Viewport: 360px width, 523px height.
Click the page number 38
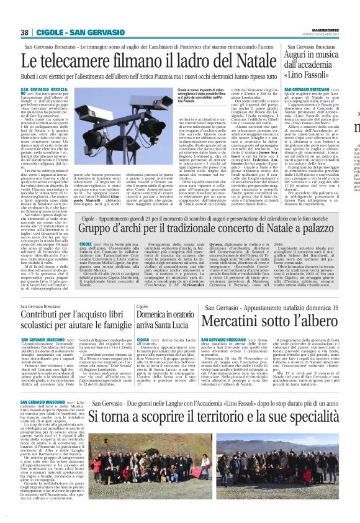click(25, 32)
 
